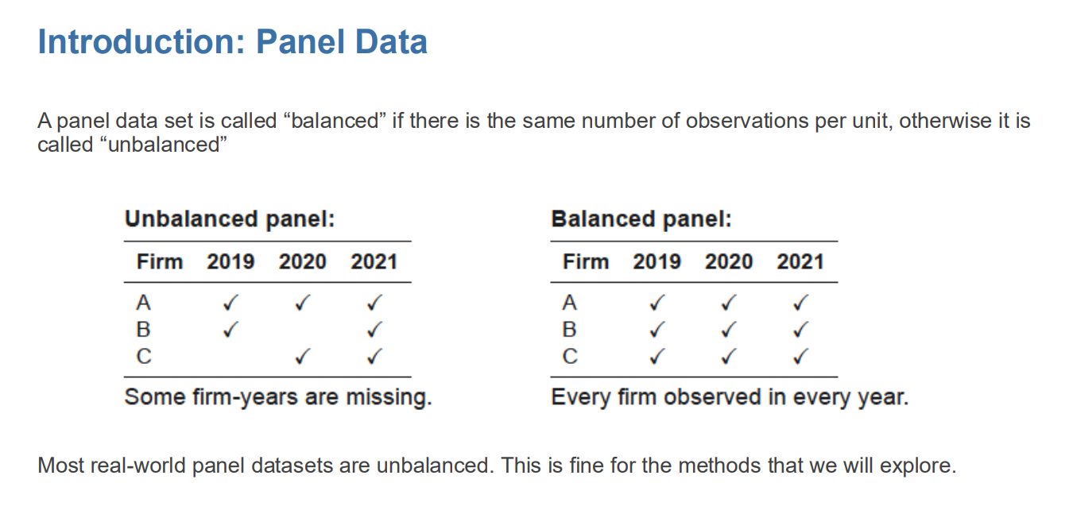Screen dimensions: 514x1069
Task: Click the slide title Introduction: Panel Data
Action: coord(232,42)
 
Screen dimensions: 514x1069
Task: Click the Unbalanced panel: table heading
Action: coord(230,219)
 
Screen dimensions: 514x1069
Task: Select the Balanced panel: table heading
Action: coord(641,219)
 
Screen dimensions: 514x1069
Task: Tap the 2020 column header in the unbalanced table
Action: coord(302,262)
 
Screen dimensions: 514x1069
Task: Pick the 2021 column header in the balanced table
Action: coord(800,262)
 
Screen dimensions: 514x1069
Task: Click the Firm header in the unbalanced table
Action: coord(159,262)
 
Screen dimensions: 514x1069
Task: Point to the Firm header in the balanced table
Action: coord(585,262)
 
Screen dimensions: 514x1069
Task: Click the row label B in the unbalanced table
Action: coord(144,329)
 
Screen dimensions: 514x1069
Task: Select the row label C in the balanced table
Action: coord(570,357)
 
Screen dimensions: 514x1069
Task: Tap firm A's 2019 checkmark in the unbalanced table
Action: coord(230,303)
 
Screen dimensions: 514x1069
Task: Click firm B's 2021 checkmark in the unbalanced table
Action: coord(374,329)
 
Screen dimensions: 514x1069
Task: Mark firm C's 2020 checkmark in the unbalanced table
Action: coord(302,357)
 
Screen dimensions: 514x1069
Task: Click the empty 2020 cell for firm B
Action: coord(302,329)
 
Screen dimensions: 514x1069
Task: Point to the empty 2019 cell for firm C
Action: coord(230,357)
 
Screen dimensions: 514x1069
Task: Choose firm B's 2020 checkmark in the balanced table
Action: coord(728,329)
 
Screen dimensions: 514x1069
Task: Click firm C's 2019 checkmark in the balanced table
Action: coord(657,357)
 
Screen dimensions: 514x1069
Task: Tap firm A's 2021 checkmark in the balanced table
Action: coord(800,303)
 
